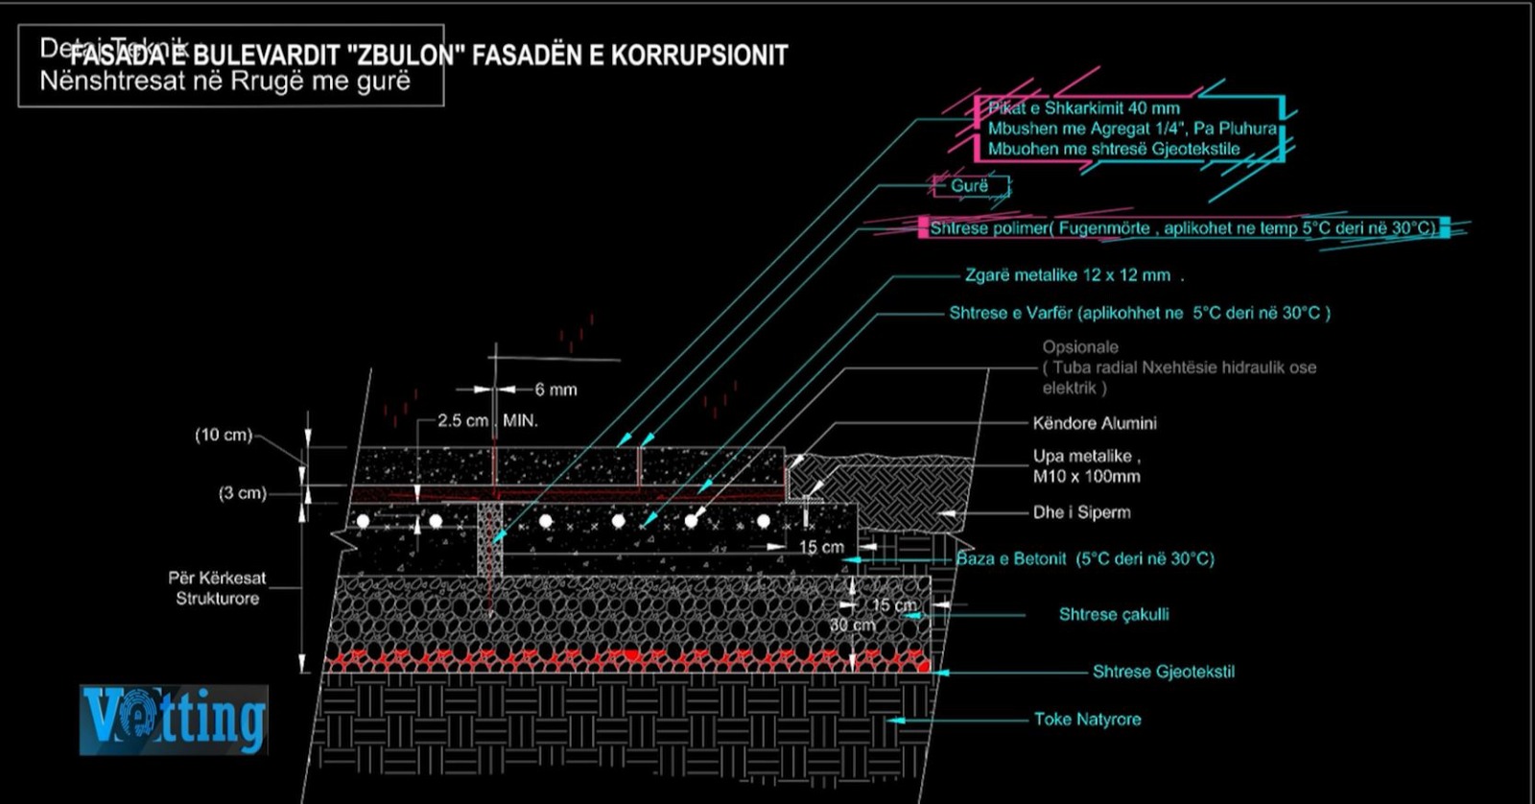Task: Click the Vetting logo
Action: click(174, 720)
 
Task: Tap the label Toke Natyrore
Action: click(1087, 720)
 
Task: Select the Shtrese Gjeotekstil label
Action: click(1163, 672)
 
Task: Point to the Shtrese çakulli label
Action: click(1113, 614)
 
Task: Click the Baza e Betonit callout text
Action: click(1085, 558)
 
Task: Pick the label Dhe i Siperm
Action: click(1081, 512)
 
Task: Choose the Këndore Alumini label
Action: click(1095, 423)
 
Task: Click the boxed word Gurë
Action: click(969, 186)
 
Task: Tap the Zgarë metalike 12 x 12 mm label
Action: click(1068, 275)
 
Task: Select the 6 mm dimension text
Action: click(556, 390)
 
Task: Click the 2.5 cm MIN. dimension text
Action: click(487, 420)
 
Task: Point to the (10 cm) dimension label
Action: click(224, 435)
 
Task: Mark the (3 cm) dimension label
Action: click(242, 493)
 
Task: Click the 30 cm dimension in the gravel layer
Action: click(852, 625)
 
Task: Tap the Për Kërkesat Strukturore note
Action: click(217, 588)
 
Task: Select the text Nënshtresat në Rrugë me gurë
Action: click(224, 81)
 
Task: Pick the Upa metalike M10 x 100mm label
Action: click(1086, 466)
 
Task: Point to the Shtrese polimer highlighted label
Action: click(1182, 228)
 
